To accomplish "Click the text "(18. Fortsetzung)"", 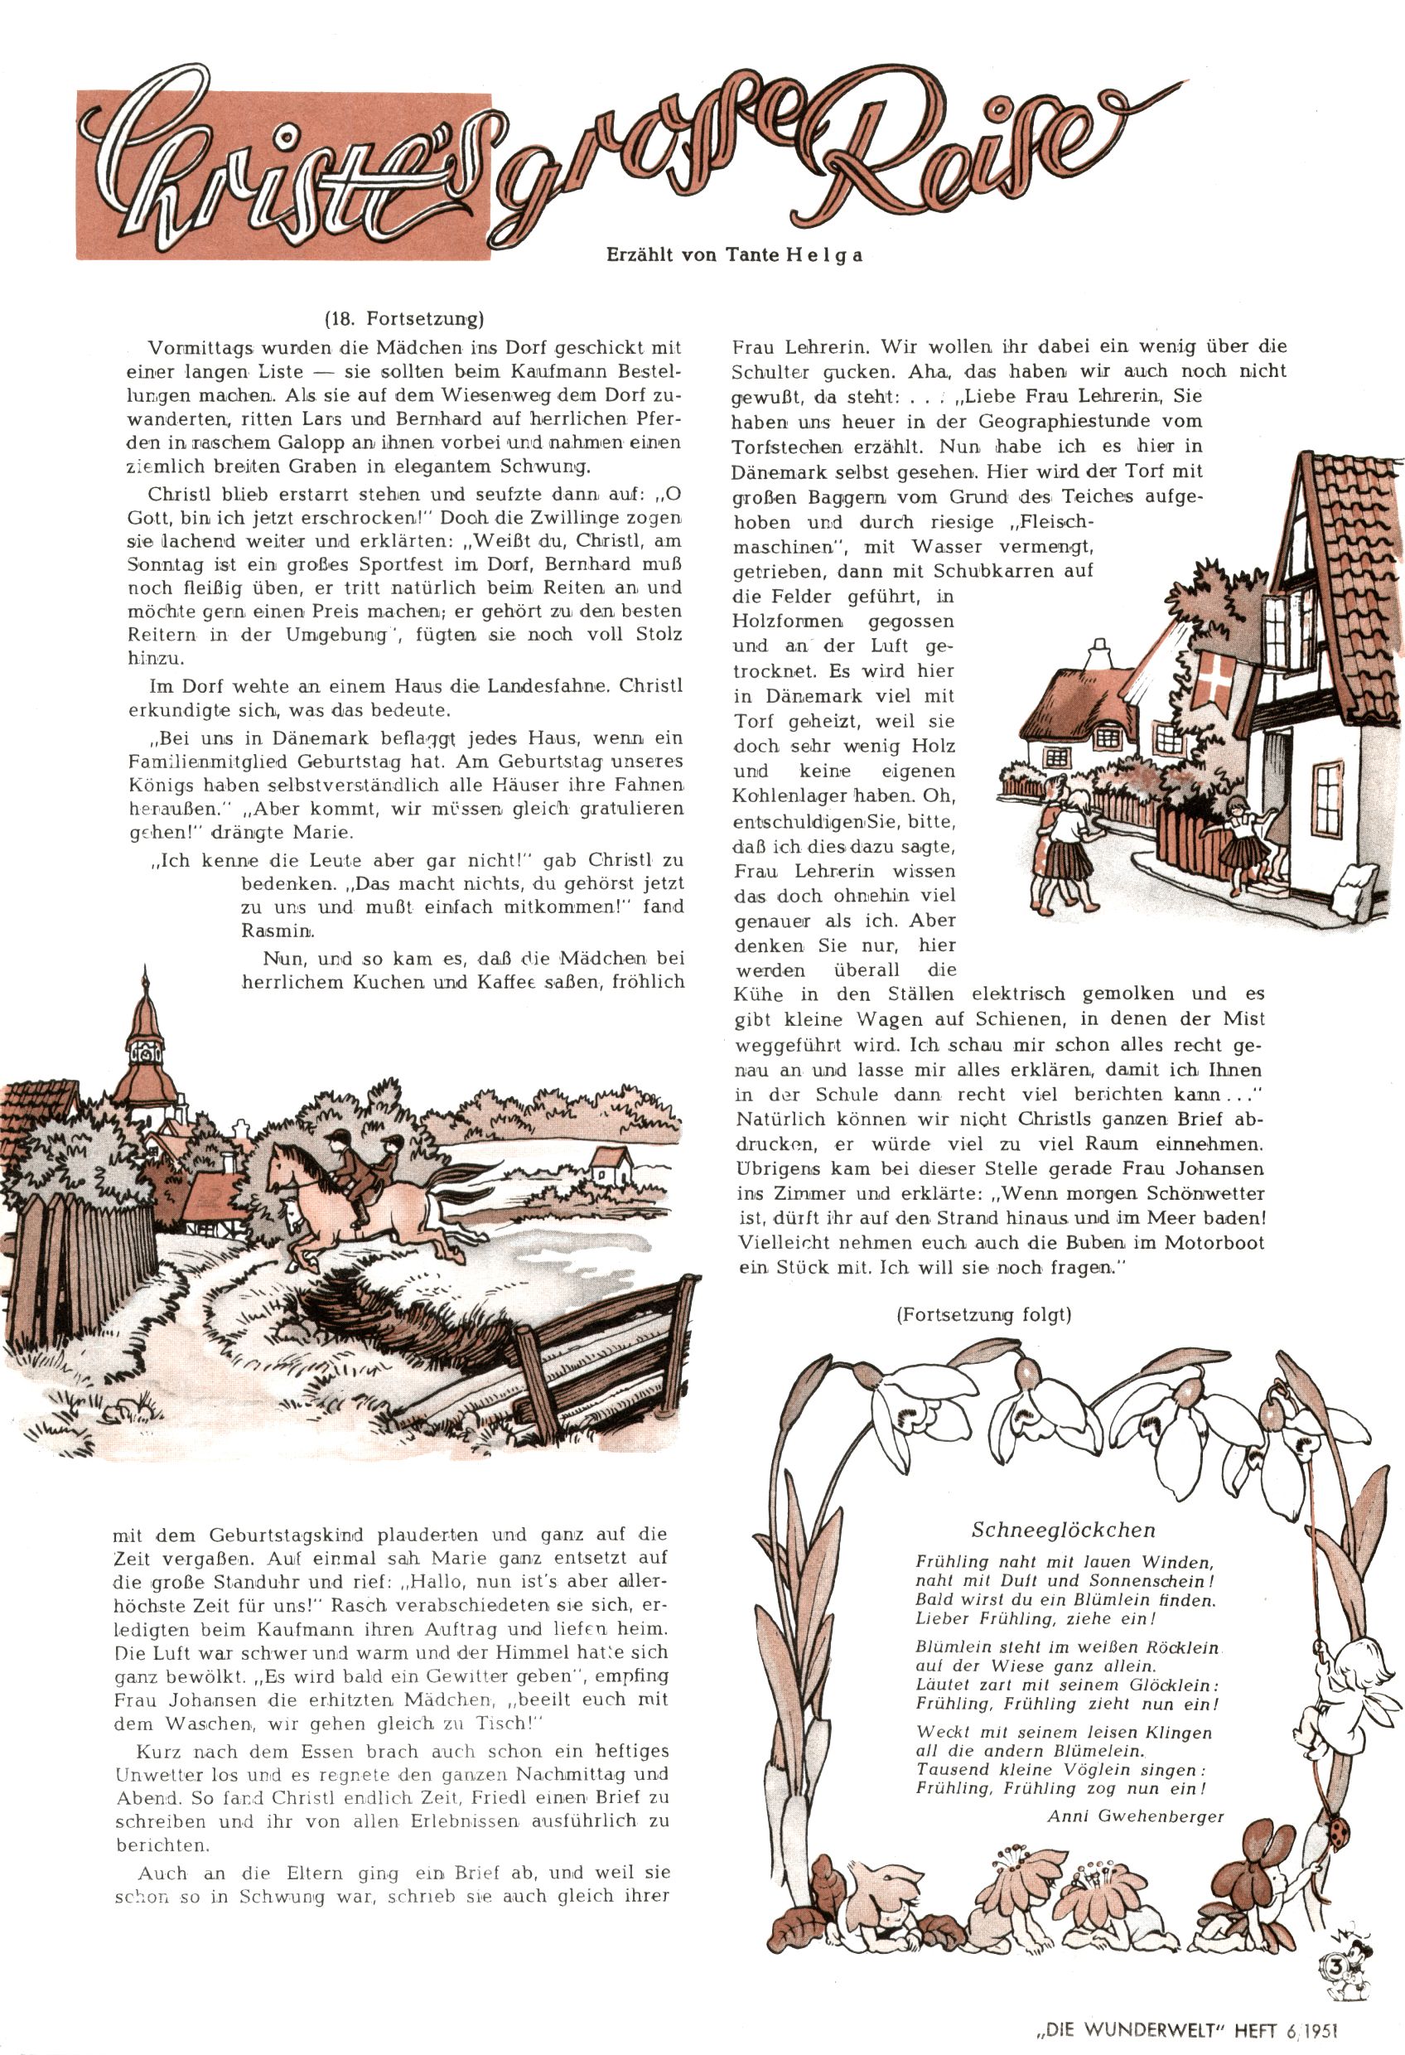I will [404, 319].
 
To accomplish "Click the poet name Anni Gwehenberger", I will [1135, 1817].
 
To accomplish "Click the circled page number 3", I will [1336, 1960].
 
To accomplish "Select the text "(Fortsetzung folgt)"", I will [983, 1315].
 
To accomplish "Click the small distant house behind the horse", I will [608, 1164].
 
